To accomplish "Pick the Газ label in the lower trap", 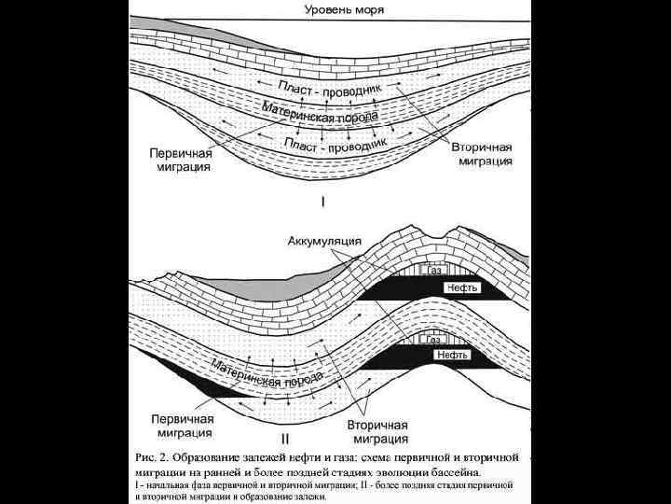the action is pyautogui.click(x=433, y=340).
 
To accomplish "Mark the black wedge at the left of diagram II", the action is pyautogui.click(x=200, y=383).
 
